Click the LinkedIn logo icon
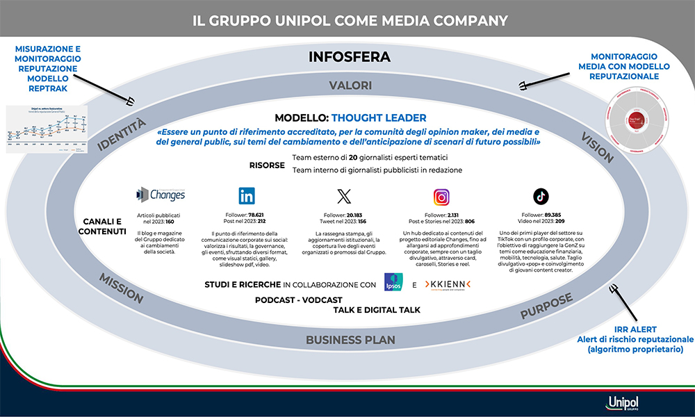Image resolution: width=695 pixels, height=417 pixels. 246,195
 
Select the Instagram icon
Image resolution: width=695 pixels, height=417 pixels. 442,197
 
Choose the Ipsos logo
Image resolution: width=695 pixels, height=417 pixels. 395,284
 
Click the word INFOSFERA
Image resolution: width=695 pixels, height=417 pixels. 350,56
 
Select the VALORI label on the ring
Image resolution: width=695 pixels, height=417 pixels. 350,85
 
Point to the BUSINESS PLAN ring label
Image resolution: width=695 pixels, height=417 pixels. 350,340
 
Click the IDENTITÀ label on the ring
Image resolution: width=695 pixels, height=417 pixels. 122,134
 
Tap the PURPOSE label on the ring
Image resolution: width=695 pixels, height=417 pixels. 546,306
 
